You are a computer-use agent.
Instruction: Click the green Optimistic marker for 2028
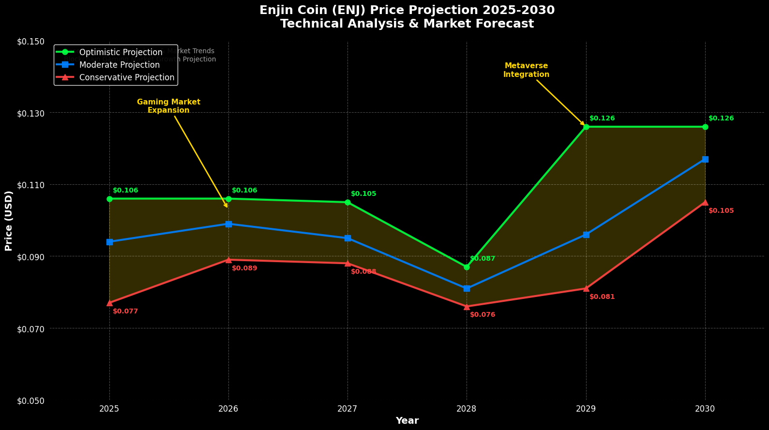(x=467, y=267)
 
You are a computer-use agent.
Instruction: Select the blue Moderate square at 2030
(x=705, y=159)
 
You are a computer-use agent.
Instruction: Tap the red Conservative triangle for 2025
(x=109, y=303)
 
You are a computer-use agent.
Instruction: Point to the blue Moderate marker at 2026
(x=228, y=224)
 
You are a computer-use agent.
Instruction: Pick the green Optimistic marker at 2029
(x=586, y=127)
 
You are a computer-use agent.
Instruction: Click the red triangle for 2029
(x=586, y=288)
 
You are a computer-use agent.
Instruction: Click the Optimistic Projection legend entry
(x=121, y=52)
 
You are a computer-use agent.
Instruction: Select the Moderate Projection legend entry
(x=119, y=65)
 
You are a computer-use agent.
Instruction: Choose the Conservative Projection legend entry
(x=126, y=77)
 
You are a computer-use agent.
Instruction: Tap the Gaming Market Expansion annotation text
(x=168, y=106)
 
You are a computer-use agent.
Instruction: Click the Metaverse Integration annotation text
(x=526, y=70)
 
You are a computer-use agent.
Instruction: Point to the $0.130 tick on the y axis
(x=31, y=113)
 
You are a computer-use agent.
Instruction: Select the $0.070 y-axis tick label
(x=31, y=329)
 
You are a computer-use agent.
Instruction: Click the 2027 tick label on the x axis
(x=347, y=409)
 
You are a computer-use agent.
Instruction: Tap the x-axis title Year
(x=407, y=421)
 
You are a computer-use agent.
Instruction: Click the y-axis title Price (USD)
(x=9, y=221)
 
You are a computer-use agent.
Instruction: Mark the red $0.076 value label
(x=483, y=315)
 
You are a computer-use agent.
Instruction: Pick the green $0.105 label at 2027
(x=363, y=194)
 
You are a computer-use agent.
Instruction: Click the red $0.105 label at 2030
(x=721, y=211)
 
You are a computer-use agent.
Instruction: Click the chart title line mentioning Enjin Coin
(x=407, y=10)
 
